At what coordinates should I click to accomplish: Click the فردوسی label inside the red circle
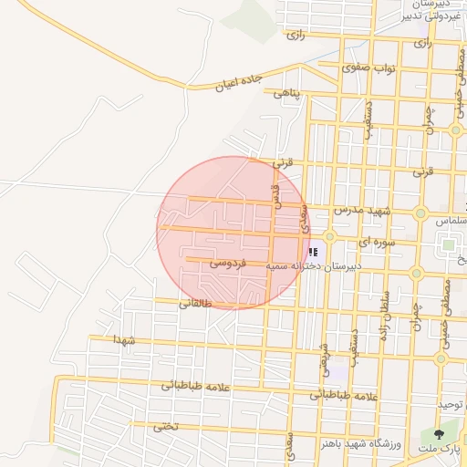[x=227, y=263]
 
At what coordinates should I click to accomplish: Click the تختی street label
[x=165, y=425]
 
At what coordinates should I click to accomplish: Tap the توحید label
[x=451, y=404]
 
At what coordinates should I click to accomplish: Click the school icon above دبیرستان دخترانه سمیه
[x=313, y=252]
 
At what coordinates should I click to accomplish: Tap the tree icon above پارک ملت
[x=440, y=434]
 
